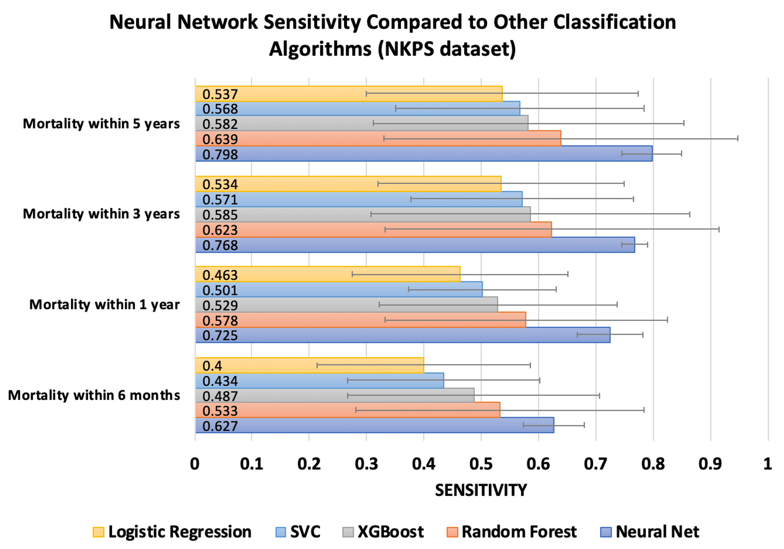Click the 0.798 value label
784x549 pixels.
coord(220,155)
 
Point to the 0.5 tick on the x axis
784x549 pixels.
coord(481,464)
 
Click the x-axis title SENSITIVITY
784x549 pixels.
coord(481,490)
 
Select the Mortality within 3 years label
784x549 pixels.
coord(101,214)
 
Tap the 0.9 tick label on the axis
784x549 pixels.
coord(710,464)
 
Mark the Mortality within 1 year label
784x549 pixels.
coord(104,304)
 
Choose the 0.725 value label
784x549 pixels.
coord(220,335)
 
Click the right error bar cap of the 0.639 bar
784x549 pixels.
coord(737,138)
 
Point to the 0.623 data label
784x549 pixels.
coord(220,230)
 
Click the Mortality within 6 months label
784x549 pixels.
coord(94,395)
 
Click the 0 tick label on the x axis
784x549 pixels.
coord(195,464)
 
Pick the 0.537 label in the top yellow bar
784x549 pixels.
coord(220,95)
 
